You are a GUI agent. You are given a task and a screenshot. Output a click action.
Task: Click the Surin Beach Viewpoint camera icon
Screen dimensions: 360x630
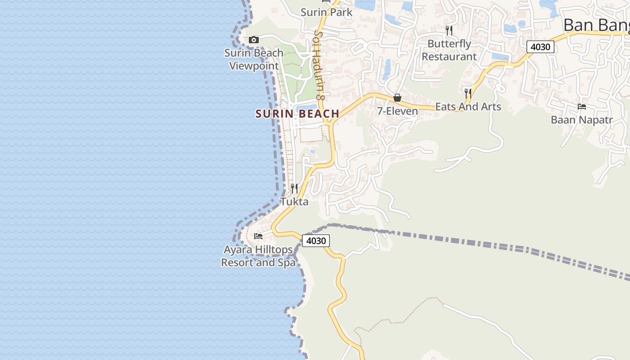pyautogui.click(x=254, y=40)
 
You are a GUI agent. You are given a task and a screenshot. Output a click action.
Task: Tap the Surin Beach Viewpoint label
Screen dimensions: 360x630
pyautogui.click(x=254, y=59)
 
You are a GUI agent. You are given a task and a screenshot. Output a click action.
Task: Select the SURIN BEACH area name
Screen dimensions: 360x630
pyautogui.click(x=297, y=114)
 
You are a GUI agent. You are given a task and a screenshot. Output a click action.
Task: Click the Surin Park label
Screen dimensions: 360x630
pyautogui.click(x=327, y=12)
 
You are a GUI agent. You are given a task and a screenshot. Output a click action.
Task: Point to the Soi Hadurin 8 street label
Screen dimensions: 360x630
pyautogui.click(x=319, y=65)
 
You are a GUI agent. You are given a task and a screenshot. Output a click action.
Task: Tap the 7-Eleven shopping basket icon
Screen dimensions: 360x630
pyautogui.click(x=397, y=98)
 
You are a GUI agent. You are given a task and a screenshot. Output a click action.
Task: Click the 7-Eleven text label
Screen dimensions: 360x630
pyautogui.click(x=397, y=111)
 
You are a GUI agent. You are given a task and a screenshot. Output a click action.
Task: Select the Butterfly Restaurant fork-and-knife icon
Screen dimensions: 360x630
pyautogui.click(x=449, y=31)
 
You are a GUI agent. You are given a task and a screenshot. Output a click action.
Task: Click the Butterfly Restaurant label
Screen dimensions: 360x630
pyautogui.click(x=449, y=50)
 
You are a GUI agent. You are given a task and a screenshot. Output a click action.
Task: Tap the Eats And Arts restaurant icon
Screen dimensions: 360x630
pyautogui.click(x=468, y=94)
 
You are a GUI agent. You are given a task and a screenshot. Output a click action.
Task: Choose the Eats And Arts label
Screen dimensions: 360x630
pyautogui.click(x=468, y=107)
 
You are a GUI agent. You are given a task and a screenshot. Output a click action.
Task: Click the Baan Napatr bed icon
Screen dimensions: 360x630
pyautogui.click(x=582, y=107)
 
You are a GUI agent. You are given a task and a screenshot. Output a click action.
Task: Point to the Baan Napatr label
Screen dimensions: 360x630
pyautogui.click(x=582, y=120)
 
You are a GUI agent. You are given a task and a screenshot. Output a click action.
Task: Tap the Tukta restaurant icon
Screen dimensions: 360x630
pyautogui.click(x=294, y=188)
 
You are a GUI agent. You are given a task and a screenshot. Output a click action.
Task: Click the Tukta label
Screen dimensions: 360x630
pyautogui.click(x=294, y=202)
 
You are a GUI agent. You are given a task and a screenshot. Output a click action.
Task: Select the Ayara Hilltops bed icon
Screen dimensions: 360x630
pyautogui.click(x=258, y=236)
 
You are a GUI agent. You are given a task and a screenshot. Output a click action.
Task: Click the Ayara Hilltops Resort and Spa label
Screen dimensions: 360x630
pyautogui.click(x=258, y=256)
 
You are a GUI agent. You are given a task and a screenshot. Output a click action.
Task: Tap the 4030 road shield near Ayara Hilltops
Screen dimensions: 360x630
pyautogui.click(x=315, y=241)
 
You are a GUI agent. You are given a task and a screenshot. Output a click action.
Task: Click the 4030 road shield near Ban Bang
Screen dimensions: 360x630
pyautogui.click(x=540, y=47)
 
